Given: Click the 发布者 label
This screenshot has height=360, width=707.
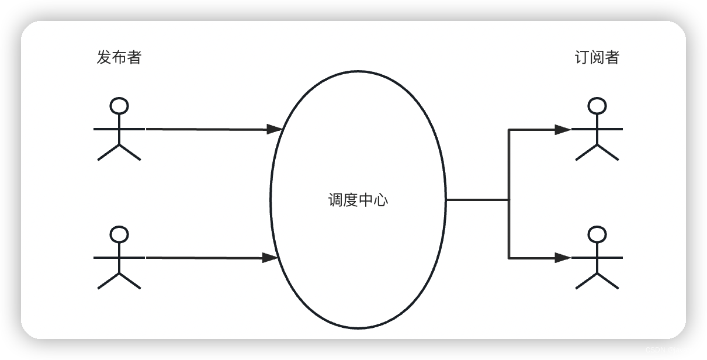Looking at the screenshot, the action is point(119,57).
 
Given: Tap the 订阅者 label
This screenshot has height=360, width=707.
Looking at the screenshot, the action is point(597,57).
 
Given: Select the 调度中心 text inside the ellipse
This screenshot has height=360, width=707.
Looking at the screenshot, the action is point(358,200).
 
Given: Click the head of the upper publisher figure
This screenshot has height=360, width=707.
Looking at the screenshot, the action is point(119,106).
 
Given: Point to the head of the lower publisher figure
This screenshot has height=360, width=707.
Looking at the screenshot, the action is point(119,234).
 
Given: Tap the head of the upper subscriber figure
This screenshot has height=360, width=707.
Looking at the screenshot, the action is point(597,106).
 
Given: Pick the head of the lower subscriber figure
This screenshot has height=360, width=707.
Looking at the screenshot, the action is point(597,234).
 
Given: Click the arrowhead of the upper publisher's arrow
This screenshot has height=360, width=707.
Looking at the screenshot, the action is point(275,129).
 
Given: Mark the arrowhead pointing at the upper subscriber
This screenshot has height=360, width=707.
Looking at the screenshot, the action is point(563,129).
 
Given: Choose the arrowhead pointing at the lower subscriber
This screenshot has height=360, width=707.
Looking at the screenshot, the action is point(563,257).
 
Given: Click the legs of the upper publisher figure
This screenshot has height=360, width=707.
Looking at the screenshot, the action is point(119,152).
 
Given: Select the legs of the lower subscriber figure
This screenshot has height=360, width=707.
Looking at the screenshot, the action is point(597,281).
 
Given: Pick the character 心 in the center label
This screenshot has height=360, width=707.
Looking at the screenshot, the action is point(381,200).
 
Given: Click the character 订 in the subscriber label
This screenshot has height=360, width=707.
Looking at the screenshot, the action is point(581,57).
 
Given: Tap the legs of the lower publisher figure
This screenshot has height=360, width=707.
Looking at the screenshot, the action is point(119,281).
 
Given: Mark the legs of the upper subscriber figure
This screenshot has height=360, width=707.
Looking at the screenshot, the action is point(597,152).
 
